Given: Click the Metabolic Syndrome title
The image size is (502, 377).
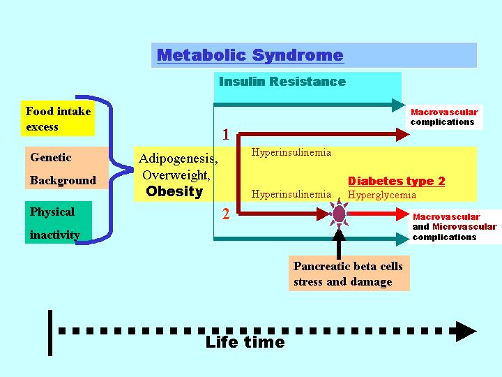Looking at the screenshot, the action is pos(250,55).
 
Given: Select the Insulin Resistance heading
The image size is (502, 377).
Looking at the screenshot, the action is pos(282,82).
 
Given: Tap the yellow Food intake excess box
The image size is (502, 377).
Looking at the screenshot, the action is pos(58,118).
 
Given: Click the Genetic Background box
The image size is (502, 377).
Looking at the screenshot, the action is pos(67,168).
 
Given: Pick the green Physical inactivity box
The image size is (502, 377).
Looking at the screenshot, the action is pos(59,222).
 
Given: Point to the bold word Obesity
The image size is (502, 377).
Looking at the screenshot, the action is pos(174,191).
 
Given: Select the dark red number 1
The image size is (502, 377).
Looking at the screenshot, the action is pos(226,135).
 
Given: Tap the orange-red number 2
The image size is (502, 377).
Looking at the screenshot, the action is pos(226,214).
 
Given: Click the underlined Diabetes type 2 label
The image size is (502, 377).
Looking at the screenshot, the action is pos(396,181).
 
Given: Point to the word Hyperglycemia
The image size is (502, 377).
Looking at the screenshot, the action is pos(382,195).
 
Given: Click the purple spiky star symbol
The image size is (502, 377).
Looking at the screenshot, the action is pos(339,214).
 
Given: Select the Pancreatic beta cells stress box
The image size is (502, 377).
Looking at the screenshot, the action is pos(349,273).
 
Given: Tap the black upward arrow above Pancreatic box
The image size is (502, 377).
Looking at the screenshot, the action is pos(339,244).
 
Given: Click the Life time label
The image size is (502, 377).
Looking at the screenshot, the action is pos(245,342).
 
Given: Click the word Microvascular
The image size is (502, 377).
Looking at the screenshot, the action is pos(464,227).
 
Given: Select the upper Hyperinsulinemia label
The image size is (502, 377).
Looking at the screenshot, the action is pos(291,152).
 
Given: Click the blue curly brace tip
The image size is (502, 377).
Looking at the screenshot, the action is pos(132,170).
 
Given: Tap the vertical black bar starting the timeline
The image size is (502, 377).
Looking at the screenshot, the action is pos(50,333).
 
